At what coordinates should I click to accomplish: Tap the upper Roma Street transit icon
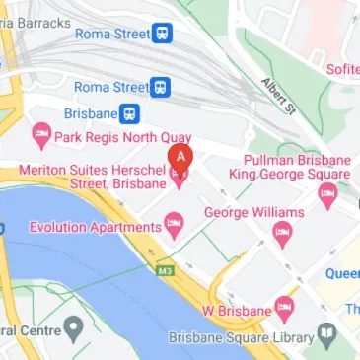pyautogui.click(x=161, y=35)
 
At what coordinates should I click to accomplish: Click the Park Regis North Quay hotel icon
pyautogui.click(x=41, y=133)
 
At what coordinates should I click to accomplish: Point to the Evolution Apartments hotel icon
pyautogui.click(x=174, y=225)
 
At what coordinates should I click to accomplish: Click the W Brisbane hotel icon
pyautogui.click(x=284, y=308)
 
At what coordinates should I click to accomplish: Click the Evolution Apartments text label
pyautogui.click(x=81, y=226)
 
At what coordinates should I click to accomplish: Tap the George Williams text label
pyautogui.click(x=252, y=212)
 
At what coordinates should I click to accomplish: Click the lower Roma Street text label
pyautogui.click(x=110, y=87)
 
